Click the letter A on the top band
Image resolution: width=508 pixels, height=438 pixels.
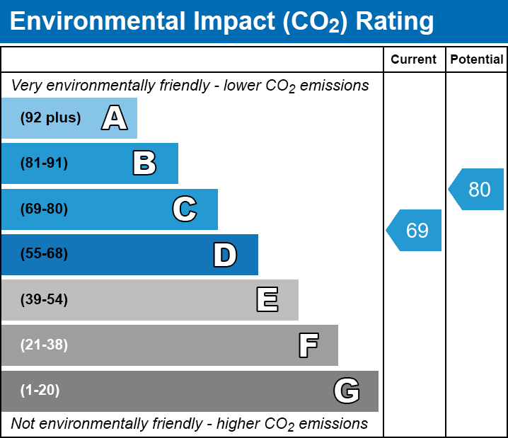pyautogui.click(x=114, y=118)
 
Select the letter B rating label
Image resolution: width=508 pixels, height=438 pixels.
pyautogui.click(x=144, y=163)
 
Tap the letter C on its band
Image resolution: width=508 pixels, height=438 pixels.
pyautogui.click(x=185, y=209)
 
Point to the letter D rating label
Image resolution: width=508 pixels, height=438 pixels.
pyautogui.click(x=225, y=255)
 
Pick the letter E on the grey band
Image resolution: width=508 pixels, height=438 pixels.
pyautogui.click(x=267, y=300)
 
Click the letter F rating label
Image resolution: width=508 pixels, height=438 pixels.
pyautogui.click(x=308, y=345)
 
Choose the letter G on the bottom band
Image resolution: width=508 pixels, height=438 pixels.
pyautogui.click(x=347, y=391)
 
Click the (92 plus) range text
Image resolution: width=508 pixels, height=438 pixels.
pyautogui.click(x=50, y=118)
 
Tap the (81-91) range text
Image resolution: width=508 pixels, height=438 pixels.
pyautogui.click(x=44, y=163)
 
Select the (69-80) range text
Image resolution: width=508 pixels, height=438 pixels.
pyautogui.click(x=44, y=209)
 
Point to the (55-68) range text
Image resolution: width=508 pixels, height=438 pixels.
pyautogui.click(x=44, y=254)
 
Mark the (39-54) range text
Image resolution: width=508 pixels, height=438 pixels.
pyautogui.click(x=44, y=300)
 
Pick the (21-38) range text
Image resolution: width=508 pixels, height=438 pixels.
pyautogui.click(x=44, y=345)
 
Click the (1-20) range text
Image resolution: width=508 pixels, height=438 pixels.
pyautogui.click(x=40, y=391)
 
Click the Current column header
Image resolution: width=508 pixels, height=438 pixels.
pyautogui.click(x=414, y=60)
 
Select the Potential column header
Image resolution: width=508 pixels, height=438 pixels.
pyautogui.click(x=477, y=60)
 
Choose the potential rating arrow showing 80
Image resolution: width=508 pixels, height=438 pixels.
pyautogui.click(x=477, y=190)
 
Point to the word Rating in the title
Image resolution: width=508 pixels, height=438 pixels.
pyautogui.click(x=394, y=22)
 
